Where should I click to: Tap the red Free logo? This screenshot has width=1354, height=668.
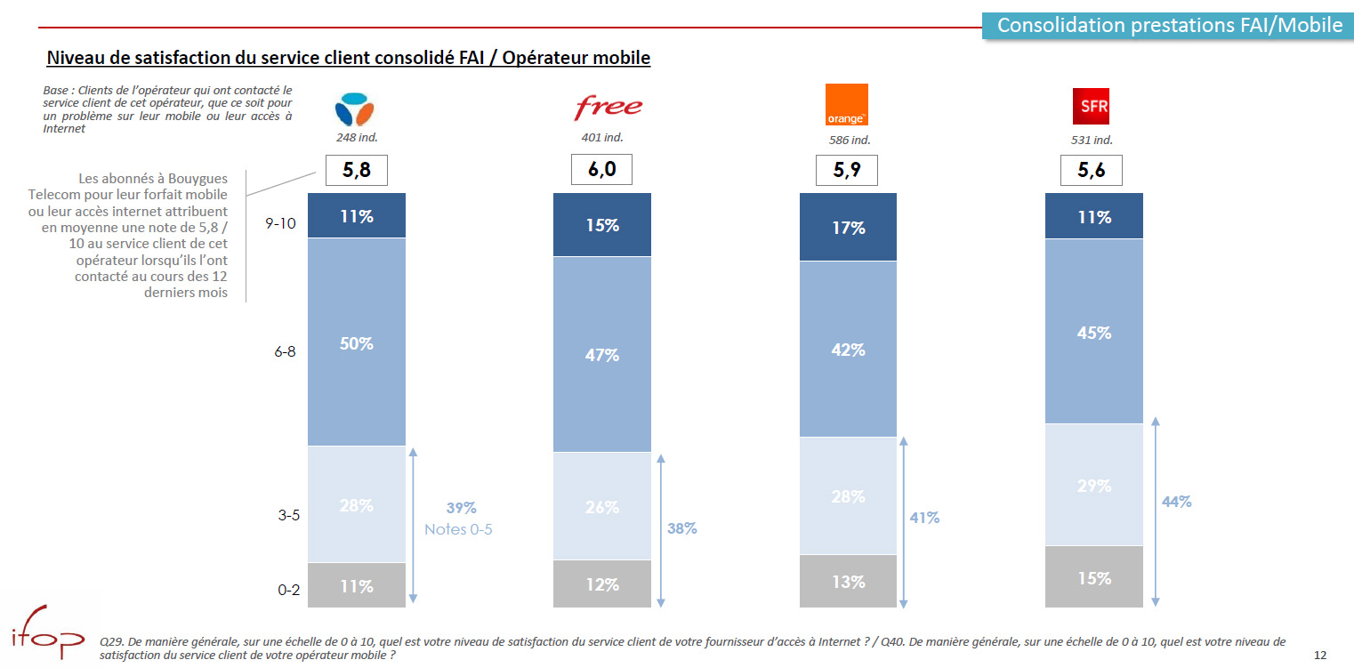607,108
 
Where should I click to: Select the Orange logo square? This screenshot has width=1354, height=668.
846,105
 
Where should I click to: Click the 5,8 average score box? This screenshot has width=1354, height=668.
356,170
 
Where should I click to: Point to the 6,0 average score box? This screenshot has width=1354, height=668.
601,170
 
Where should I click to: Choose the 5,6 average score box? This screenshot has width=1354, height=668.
1091,170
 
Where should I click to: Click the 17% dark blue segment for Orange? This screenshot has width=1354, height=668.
849,228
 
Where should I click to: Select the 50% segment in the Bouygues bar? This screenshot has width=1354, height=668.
356,342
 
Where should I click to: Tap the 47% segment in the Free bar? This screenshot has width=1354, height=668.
601,355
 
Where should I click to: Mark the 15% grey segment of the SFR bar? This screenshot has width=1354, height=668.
1093,577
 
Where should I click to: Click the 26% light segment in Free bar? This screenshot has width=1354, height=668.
601,506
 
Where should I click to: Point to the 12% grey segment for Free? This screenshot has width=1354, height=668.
601,584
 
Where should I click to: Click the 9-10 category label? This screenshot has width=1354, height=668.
281,223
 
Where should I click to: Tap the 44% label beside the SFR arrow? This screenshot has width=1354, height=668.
1176,502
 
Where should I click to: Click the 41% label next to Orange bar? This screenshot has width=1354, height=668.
924,517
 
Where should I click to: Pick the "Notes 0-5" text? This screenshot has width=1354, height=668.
458,529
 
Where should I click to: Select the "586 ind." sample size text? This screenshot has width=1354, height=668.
848,140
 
